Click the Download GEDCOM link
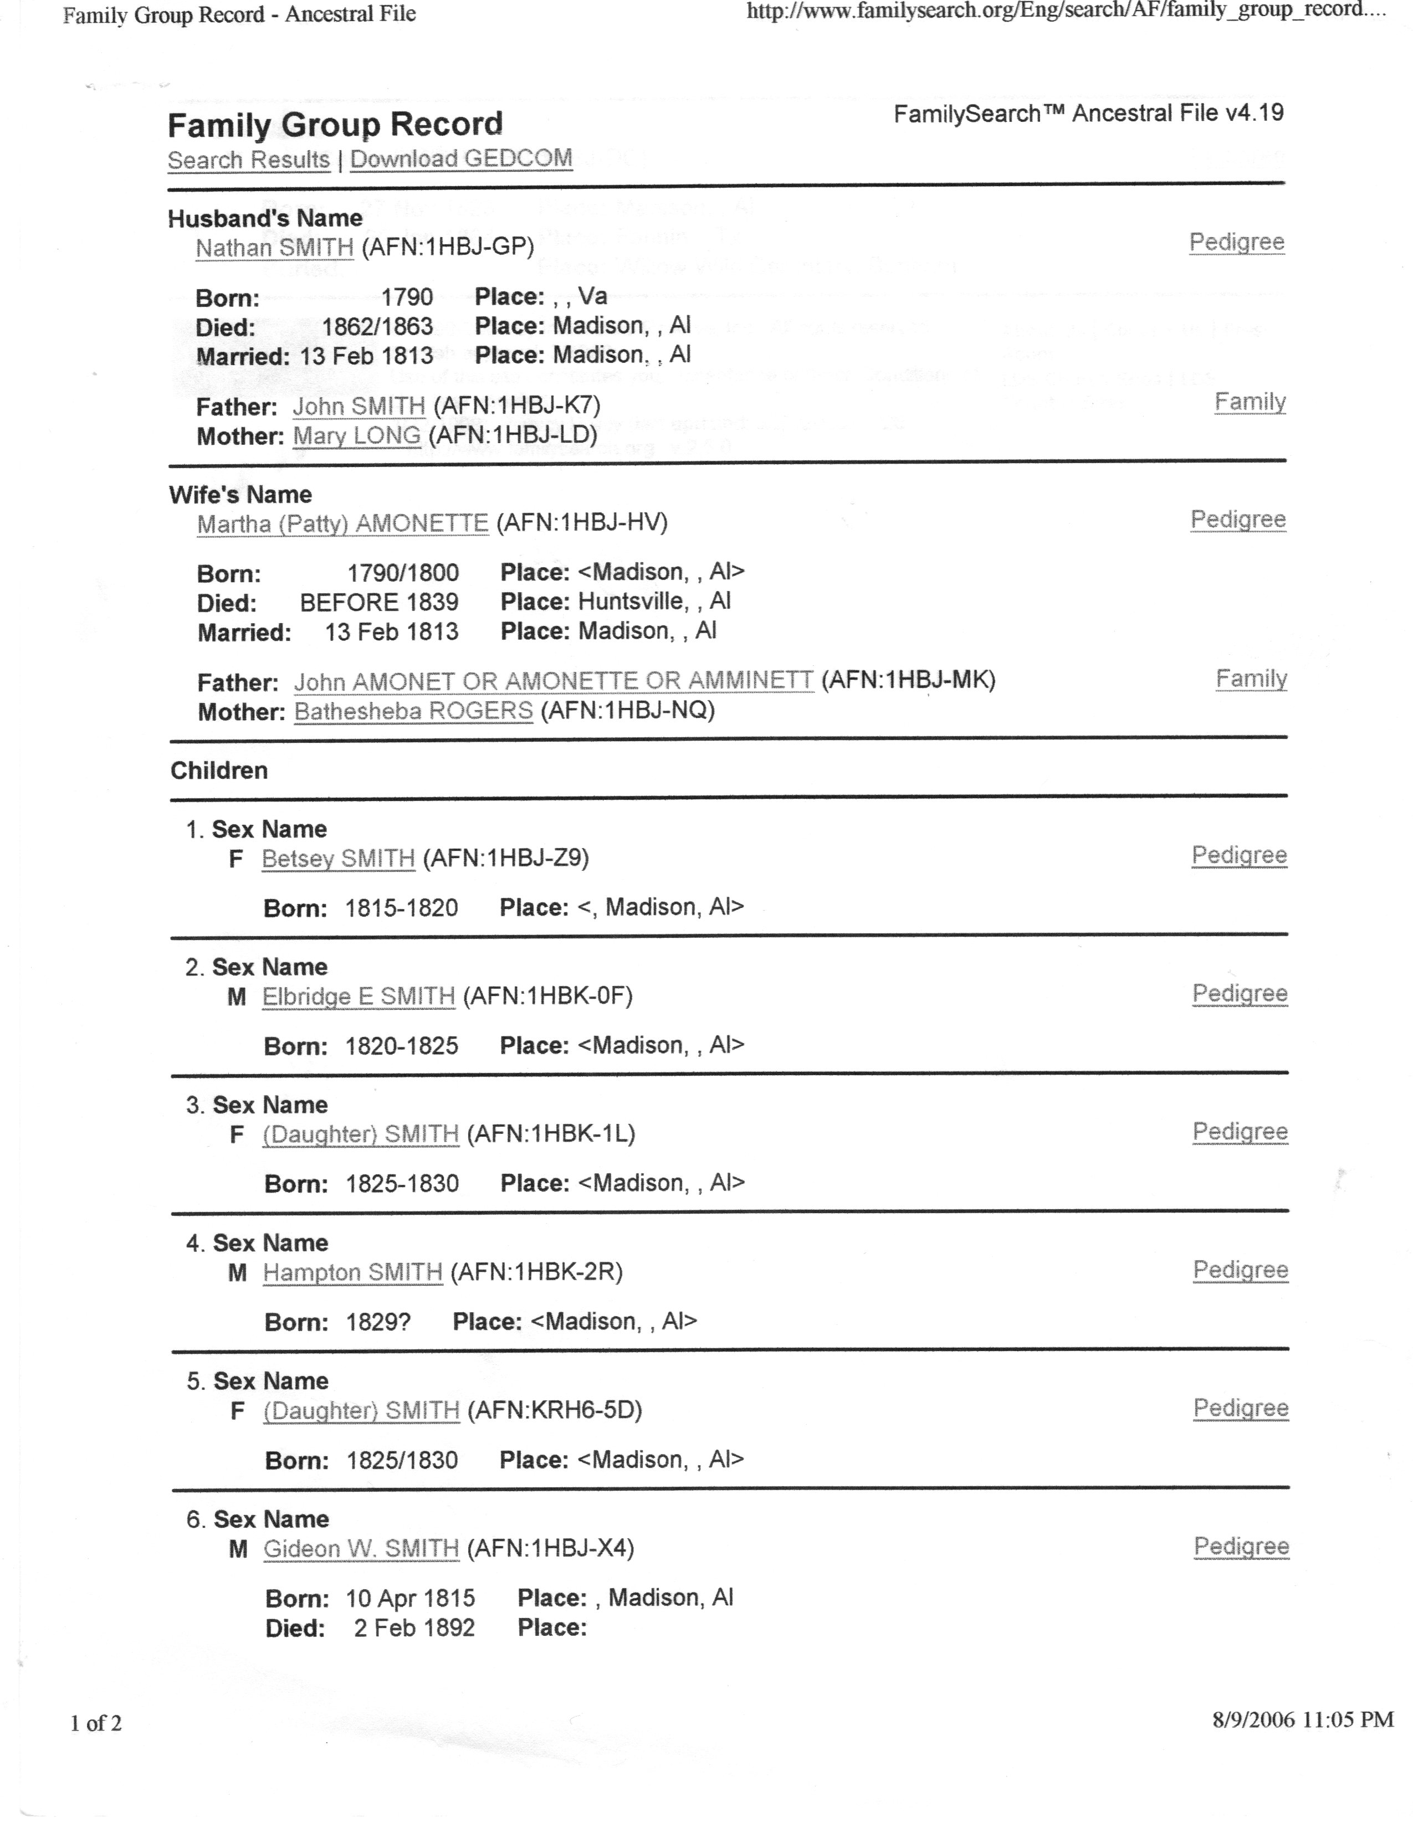coord(460,158)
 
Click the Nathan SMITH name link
coord(274,248)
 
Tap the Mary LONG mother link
coord(357,435)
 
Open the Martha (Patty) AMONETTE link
coord(342,524)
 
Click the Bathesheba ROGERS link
coord(413,711)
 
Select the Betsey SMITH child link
coord(338,859)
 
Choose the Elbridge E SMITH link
coord(359,997)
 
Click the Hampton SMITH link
coord(352,1273)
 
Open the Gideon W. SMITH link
coord(362,1549)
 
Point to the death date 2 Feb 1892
coord(413,1628)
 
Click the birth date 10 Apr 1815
coord(410,1599)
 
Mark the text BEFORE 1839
coord(379,603)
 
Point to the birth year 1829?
coord(378,1322)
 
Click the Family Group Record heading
coord(335,125)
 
